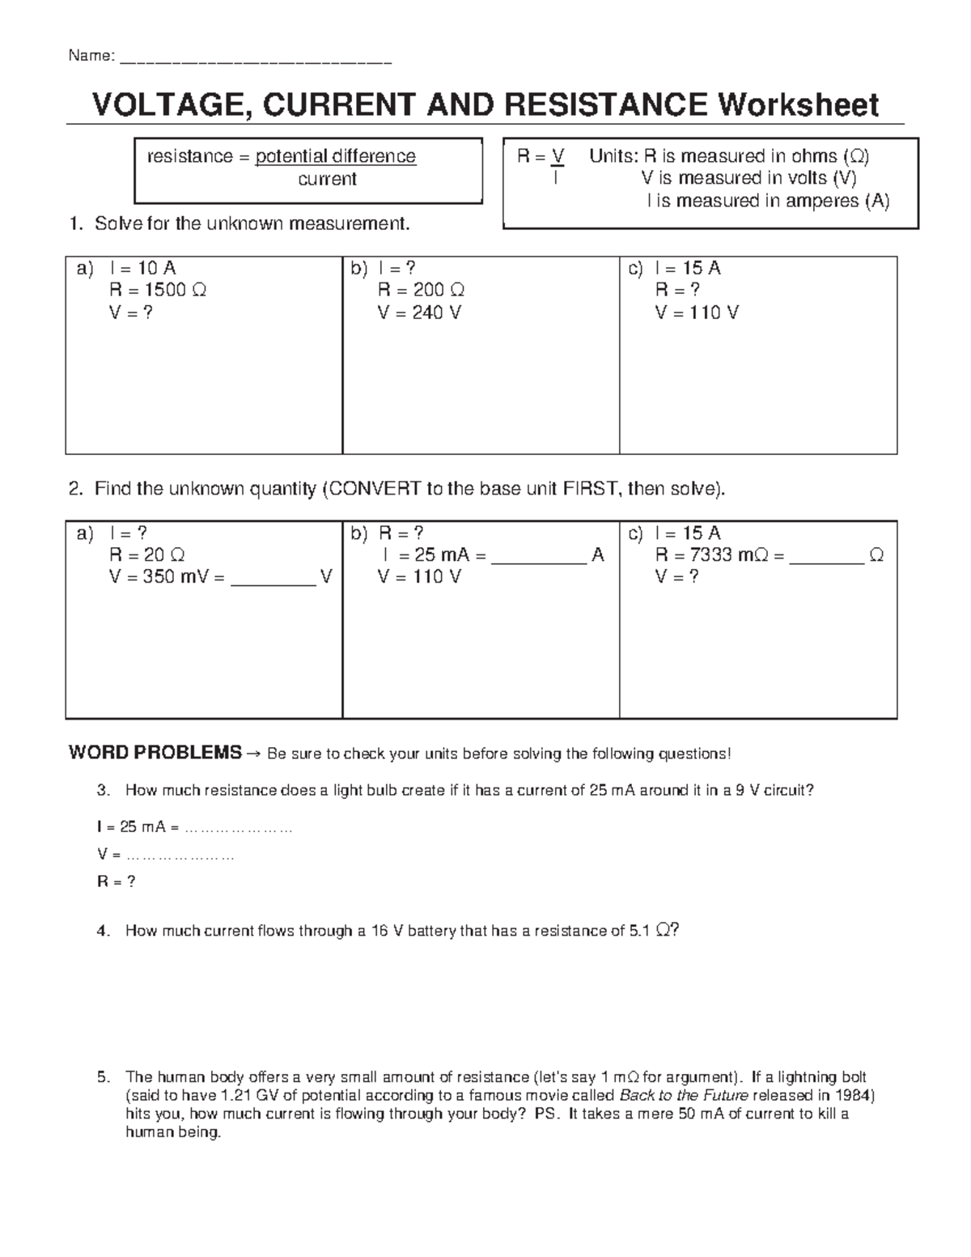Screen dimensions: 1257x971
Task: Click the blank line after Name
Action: pyautogui.click(x=256, y=58)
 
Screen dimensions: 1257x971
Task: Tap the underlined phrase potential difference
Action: pyautogui.click(x=336, y=156)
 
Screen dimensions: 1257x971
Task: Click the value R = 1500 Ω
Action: pyautogui.click(x=158, y=290)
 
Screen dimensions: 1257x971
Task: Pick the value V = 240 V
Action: pyautogui.click(x=419, y=312)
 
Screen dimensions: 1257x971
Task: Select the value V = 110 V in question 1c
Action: pyautogui.click(x=697, y=312)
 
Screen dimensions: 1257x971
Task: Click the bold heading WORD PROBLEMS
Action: pyautogui.click(x=155, y=753)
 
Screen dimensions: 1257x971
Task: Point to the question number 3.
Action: pyautogui.click(x=102, y=791)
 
